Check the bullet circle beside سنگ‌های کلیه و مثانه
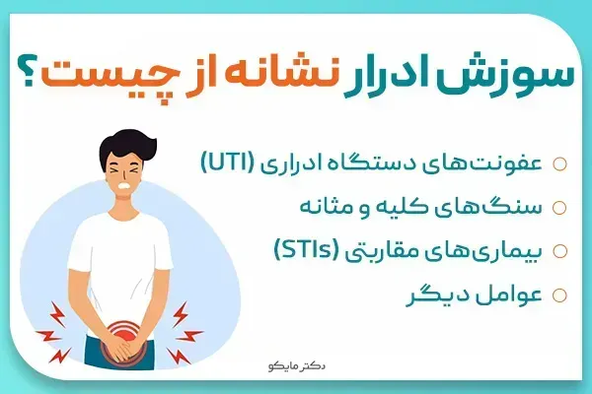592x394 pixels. click(558, 208)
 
